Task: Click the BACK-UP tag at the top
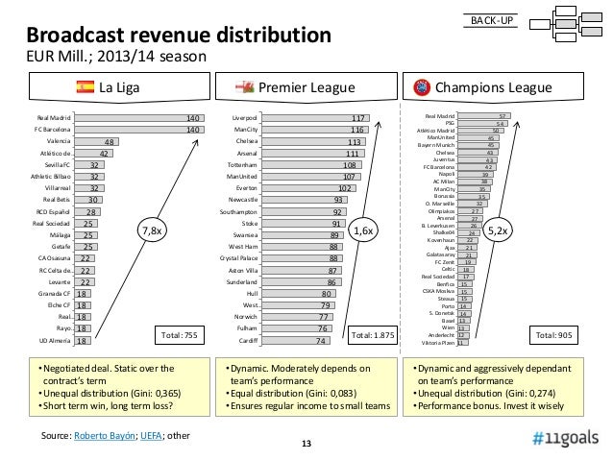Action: pos(491,20)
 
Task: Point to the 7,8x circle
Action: pos(153,230)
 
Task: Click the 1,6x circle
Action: pos(364,230)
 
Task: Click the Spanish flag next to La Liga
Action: pos(85,89)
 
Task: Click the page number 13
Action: pos(306,443)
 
